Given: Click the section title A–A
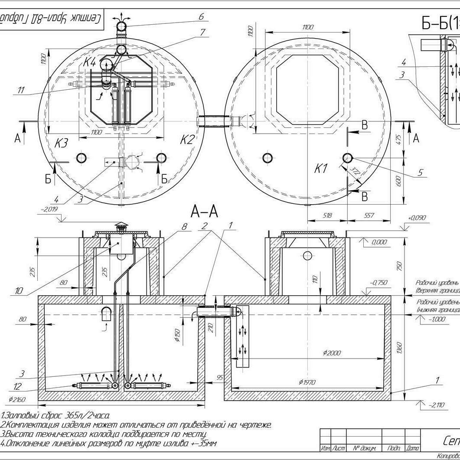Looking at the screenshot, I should pyautogui.click(x=204, y=212).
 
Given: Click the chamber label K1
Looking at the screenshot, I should pyautogui.click(x=321, y=169).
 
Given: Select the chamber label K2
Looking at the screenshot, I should pyautogui.click(x=187, y=139).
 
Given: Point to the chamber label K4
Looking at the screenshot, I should pyautogui.click(x=90, y=62).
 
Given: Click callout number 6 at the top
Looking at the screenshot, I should pyautogui.click(x=201, y=16).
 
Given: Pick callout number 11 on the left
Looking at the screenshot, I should pyautogui.click(x=21, y=90).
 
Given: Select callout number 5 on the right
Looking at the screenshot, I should pyautogui.click(x=420, y=173).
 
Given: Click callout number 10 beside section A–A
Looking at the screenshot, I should pyautogui.click(x=19, y=291).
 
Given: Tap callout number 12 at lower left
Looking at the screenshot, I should pyautogui.click(x=17, y=386).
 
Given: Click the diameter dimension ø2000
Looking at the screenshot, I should pyautogui.click(x=332, y=353).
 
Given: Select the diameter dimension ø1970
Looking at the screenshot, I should pyautogui.click(x=307, y=382).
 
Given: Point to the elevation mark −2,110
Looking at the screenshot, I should pyautogui.click(x=436, y=405).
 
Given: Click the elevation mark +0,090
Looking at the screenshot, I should pyautogui.click(x=417, y=218).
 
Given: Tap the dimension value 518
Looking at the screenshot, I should pyautogui.click(x=328, y=215).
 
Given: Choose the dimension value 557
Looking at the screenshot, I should pyautogui.click(x=368, y=215).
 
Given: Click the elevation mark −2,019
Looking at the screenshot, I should pyautogui.click(x=49, y=209).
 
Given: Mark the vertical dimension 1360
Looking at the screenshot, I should pyautogui.click(x=399, y=347).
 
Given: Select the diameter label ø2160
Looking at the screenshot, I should pyautogui.click(x=16, y=398).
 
